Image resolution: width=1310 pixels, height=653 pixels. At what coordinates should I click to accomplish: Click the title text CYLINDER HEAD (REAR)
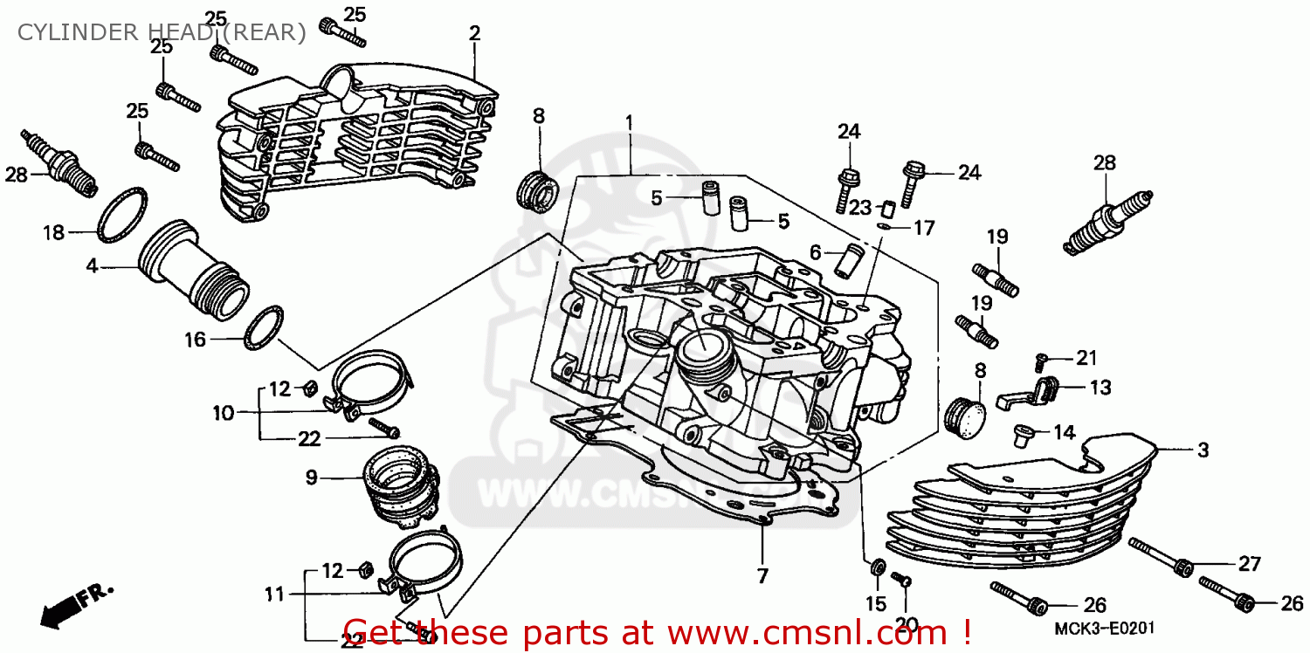point(162,33)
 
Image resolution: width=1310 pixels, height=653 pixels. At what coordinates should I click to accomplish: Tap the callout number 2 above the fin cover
point(474,33)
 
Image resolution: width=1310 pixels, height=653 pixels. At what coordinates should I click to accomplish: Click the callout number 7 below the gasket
point(762,575)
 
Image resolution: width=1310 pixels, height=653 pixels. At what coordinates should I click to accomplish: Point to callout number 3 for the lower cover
point(1203,450)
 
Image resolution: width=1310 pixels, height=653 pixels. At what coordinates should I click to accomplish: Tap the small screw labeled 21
point(1041,359)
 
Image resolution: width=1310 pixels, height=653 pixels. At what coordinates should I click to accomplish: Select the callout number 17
point(924,228)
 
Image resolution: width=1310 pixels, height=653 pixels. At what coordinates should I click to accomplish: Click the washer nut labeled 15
point(876,569)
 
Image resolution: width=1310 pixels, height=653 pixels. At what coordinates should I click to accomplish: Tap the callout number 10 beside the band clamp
point(224,412)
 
